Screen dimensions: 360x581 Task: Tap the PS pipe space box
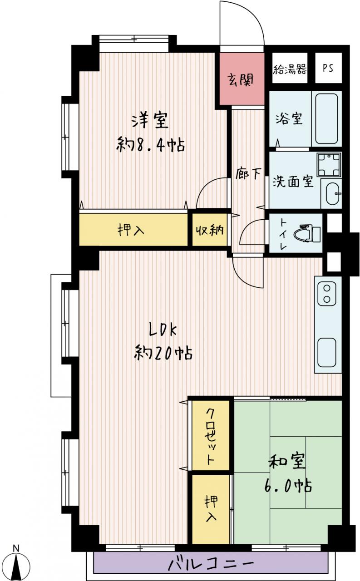click(x=328, y=68)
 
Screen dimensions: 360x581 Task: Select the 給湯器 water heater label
click(x=290, y=69)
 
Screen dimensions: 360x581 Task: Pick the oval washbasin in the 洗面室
click(x=332, y=193)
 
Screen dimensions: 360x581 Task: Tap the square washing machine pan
click(x=329, y=164)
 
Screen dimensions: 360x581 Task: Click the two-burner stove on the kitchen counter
click(x=327, y=294)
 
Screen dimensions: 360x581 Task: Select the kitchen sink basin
click(x=327, y=353)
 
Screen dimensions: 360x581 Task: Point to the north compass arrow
click(x=17, y=566)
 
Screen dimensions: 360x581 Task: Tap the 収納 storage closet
click(x=209, y=230)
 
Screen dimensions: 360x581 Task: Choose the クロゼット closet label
click(x=210, y=436)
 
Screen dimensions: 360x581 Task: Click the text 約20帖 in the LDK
click(x=163, y=353)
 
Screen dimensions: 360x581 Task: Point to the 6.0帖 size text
click(x=288, y=486)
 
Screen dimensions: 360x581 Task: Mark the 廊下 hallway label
click(x=248, y=174)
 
